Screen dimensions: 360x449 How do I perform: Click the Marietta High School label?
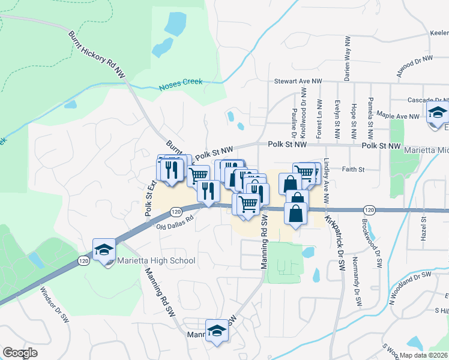[x=156, y=260]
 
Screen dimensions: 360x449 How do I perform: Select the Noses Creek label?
[x=181, y=85]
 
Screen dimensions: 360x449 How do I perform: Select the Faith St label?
[x=353, y=170]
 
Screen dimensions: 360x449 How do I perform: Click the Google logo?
[x=20, y=353]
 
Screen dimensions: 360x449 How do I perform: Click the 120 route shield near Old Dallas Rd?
[x=175, y=212]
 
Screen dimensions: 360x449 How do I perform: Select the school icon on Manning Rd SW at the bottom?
[x=217, y=331]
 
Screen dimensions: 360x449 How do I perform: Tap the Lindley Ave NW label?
[x=327, y=189]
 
